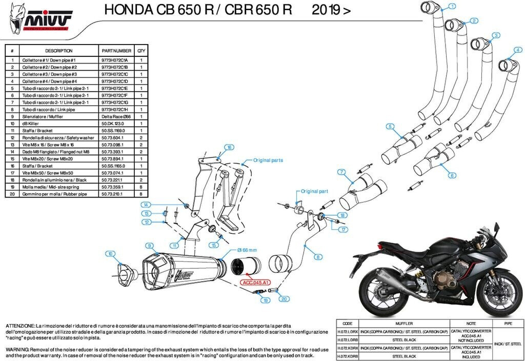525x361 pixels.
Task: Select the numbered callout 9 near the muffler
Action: point(149,246)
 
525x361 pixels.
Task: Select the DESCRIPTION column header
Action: point(58,51)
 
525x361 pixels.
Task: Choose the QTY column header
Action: point(142,51)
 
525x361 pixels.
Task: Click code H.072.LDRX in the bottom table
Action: point(347,332)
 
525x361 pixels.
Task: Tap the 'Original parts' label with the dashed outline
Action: point(268,161)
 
